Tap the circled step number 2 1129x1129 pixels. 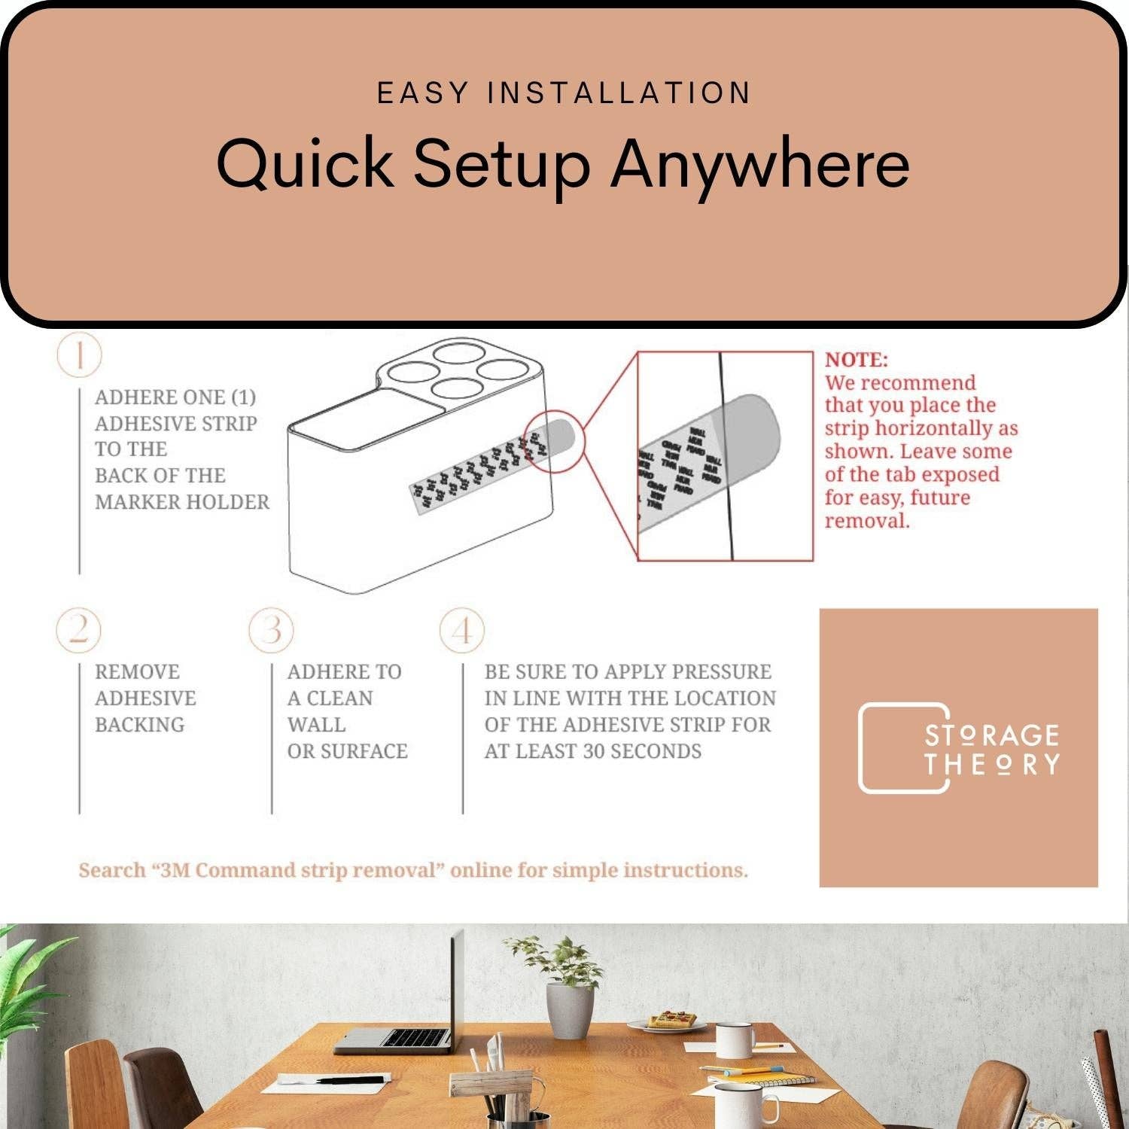pyautogui.click(x=79, y=630)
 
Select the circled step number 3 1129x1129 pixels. pyautogui.click(x=272, y=630)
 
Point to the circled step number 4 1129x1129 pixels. pyautogui.click(x=462, y=630)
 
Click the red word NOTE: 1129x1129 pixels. pyautogui.click(x=856, y=360)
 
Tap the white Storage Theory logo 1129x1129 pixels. pyautogui.click(x=958, y=748)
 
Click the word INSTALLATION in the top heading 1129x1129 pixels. pyautogui.click(x=619, y=93)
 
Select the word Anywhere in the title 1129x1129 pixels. pyautogui.click(x=760, y=163)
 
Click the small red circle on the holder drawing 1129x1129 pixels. pyautogui.click(x=554, y=442)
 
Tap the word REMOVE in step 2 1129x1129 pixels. pyautogui.click(x=137, y=671)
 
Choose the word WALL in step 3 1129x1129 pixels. pyautogui.click(x=316, y=725)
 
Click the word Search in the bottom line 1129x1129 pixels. pyautogui.click(x=112, y=870)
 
